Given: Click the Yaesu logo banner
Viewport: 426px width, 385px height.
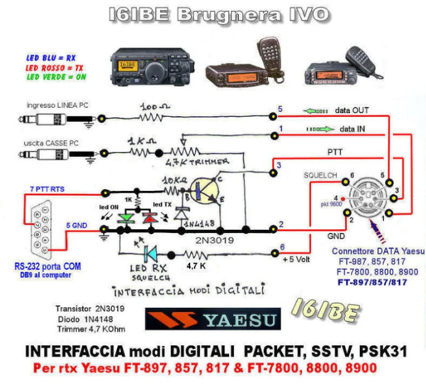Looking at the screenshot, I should [212, 319].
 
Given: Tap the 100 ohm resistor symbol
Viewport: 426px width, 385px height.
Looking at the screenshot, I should [152, 116].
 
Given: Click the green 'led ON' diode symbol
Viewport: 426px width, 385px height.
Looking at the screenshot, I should [127, 217].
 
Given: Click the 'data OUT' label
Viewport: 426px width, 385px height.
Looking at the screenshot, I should [352, 111].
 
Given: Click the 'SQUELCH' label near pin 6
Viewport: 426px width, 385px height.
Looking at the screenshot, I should [320, 176].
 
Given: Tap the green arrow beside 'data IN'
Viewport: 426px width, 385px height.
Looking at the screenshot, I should [319, 130].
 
